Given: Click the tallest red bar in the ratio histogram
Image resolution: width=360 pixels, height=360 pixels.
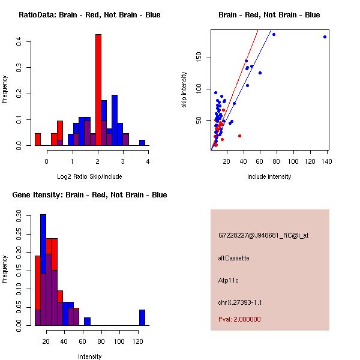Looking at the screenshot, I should [x=98, y=90].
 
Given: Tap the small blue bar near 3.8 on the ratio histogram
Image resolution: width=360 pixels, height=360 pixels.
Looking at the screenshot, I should [x=142, y=143].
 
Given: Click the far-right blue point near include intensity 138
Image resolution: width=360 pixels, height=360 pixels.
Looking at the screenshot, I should [x=325, y=37].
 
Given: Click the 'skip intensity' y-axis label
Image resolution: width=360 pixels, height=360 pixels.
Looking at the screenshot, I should [x=184, y=90].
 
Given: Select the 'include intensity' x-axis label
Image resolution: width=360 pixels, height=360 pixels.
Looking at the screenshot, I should [x=269, y=176].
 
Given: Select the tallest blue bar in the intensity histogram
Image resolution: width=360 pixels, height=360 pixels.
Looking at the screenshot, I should [x=43, y=270].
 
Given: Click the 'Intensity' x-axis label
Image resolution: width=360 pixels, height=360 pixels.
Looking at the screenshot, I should [x=90, y=356].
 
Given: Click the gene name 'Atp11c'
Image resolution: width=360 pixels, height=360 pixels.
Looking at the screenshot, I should [x=229, y=280].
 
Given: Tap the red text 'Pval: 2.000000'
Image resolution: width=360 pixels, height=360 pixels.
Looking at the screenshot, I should [x=239, y=319].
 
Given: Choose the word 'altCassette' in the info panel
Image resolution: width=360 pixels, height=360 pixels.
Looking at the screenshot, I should [x=233, y=258].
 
